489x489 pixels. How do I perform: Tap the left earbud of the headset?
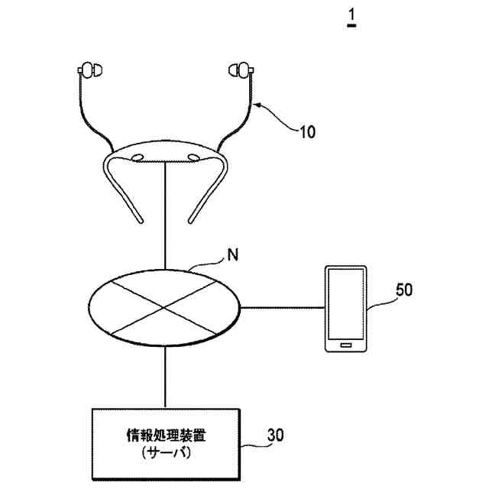(x=90, y=73)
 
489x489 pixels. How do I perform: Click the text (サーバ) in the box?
(x=166, y=453)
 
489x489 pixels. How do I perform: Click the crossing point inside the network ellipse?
(x=164, y=309)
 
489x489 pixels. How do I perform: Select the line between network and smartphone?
(x=283, y=309)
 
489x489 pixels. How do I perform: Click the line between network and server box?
(x=165, y=378)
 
